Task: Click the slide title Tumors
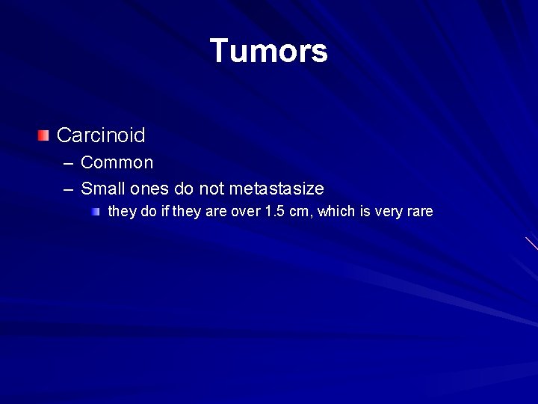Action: click(x=268, y=51)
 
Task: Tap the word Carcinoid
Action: click(x=101, y=135)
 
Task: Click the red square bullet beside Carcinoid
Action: click(x=45, y=135)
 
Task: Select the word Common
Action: click(x=117, y=162)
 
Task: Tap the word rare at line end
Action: click(x=420, y=212)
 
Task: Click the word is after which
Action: click(x=365, y=212)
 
